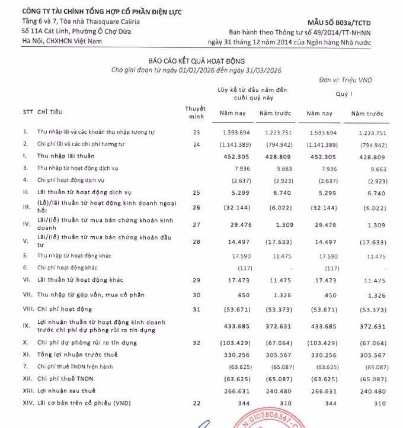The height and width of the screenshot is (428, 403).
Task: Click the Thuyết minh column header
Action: (195, 112)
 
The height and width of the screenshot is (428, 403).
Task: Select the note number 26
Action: (197, 207)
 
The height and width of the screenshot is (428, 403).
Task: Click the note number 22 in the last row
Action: (197, 403)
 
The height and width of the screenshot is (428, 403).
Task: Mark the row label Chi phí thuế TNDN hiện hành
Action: (74, 366)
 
